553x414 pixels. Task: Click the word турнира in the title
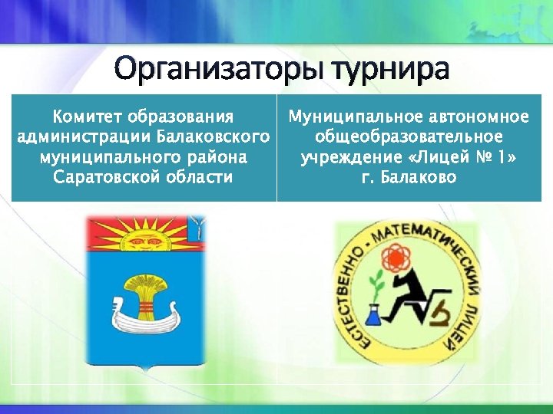pyautogui.click(x=391, y=69)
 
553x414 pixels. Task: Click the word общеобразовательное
pyautogui.click(x=408, y=137)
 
